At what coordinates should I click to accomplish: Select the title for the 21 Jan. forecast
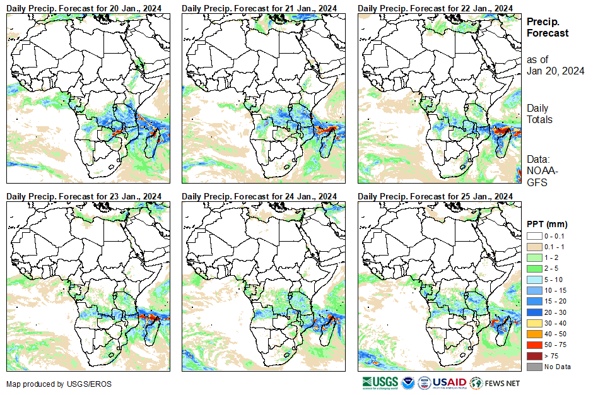[x=259, y=8]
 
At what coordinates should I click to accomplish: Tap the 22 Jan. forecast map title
[x=435, y=8]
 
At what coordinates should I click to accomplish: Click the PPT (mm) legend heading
[x=547, y=224]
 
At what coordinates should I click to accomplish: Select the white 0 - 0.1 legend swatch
[x=533, y=235]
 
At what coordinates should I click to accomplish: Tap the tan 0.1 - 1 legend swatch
[x=533, y=246]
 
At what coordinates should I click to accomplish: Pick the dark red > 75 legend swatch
[x=533, y=356]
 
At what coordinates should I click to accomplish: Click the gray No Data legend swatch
[x=533, y=367]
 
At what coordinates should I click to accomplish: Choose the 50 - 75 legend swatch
[x=533, y=345]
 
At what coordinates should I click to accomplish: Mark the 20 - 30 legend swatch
[x=533, y=312]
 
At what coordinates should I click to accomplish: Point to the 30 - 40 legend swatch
[x=533, y=323]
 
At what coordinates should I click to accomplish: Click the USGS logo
[x=380, y=382]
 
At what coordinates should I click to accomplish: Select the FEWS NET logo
[x=496, y=382]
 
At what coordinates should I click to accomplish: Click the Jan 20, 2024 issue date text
[x=555, y=71]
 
